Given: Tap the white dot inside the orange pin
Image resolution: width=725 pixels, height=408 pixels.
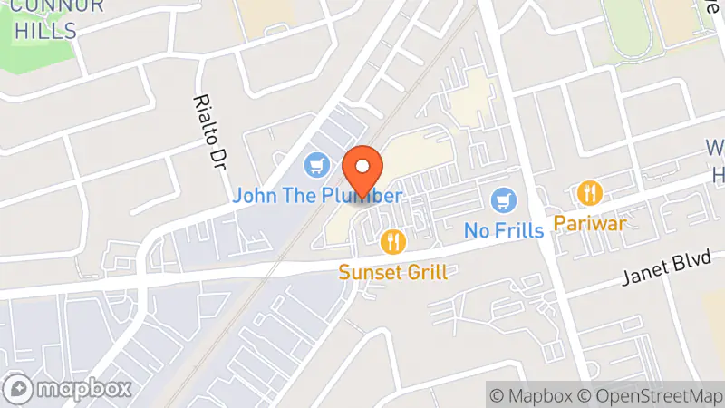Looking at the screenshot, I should pyautogui.click(x=363, y=167).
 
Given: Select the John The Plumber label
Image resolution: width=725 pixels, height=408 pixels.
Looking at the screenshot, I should pyautogui.click(x=316, y=195).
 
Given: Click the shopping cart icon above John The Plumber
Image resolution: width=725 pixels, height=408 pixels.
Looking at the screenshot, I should pyautogui.click(x=315, y=165).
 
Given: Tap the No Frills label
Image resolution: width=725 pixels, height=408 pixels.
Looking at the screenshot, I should pyautogui.click(x=504, y=229).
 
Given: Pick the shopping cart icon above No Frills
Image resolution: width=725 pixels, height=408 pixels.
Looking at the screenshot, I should pyautogui.click(x=504, y=199).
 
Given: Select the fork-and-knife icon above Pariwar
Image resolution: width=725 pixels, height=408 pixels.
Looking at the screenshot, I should pyautogui.click(x=590, y=193).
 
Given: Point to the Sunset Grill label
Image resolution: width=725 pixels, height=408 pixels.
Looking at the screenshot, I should pyautogui.click(x=393, y=271).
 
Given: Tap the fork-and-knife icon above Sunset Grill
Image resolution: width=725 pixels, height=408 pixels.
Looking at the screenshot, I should pyautogui.click(x=392, y=241).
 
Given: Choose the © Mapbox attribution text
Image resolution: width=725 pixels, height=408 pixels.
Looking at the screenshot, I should pyautogui.click(x=533, y=395).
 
